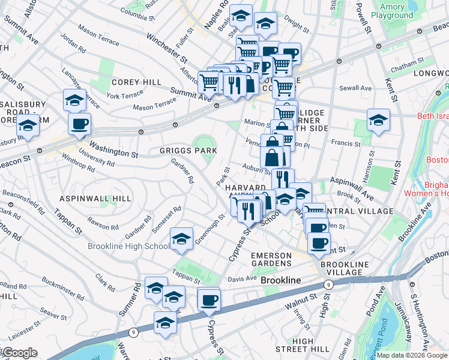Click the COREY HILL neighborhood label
pyautogui.click(x=136, y=82)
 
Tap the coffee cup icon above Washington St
pyautogui.click(x=79, y=124)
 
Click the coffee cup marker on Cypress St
pyautogui.click(x=209, y=299)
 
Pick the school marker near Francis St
pyautogui.click(x=378, y=121)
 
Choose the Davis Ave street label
pyautogui.click(x=243, y=279)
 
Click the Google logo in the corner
pyautogui.click(x=19, y=353)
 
